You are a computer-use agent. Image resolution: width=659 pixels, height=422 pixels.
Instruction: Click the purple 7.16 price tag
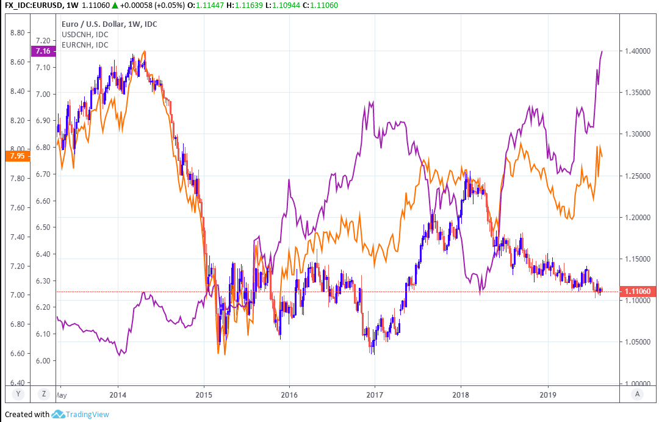point(43,51)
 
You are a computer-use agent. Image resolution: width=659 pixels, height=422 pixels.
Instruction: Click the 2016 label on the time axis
point(289,395)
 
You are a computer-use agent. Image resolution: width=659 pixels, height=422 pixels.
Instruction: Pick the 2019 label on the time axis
point(548,395)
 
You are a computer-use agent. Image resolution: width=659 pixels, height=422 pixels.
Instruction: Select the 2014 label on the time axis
point(118,395)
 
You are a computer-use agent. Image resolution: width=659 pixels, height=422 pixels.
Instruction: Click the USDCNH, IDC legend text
point(85,34)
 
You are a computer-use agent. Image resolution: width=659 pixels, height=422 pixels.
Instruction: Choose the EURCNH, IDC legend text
point(85,45)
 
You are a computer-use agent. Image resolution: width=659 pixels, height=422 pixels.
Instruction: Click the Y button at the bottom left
point(18,394)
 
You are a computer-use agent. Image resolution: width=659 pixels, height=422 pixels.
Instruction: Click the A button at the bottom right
point(637,394)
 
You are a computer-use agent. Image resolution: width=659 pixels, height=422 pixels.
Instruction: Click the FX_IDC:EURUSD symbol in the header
point(35,5)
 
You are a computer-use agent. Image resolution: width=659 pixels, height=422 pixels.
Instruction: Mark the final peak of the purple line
point(602,51)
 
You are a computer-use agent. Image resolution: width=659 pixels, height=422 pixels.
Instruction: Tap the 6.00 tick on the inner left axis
point(44,360)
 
